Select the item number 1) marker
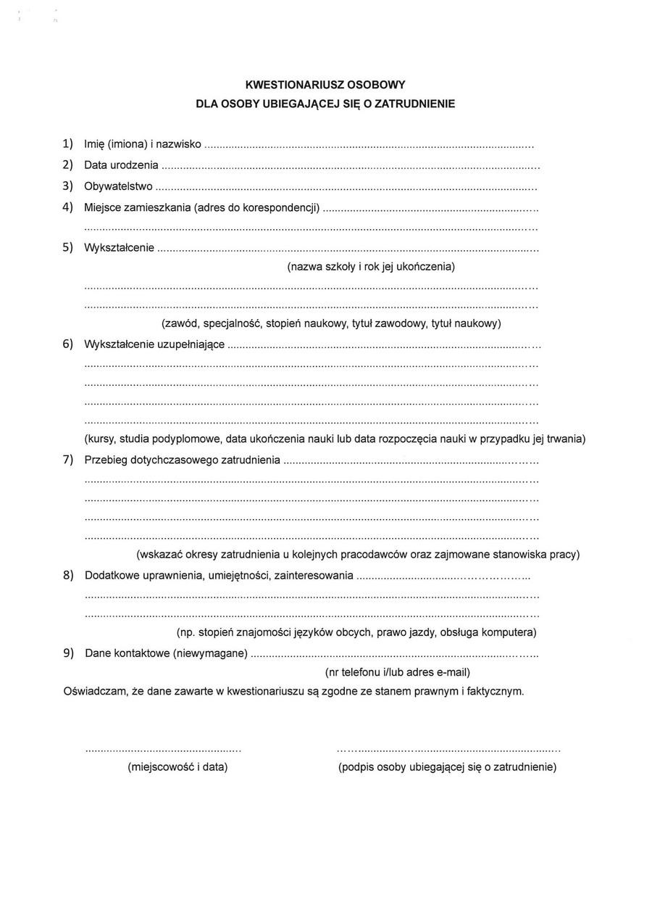tap(68, 144)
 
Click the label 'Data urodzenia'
tap(121, 165)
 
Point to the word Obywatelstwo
tap(118, 186)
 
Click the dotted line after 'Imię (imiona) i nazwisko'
tap(369, 146)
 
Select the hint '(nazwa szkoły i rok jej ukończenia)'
tap(371, 266)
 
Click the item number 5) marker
tap(68, 247)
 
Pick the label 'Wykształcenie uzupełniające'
tap(154, 344)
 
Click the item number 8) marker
tap(68, 575)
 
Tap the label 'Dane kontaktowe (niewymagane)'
tap(166, 653)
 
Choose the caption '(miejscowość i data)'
tap(177, 766)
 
